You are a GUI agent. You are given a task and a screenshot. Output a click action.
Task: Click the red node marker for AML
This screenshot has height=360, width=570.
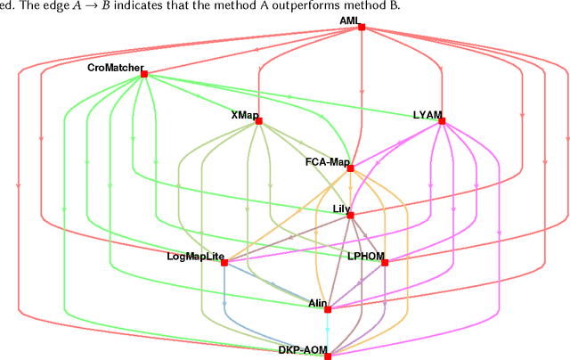tap(362, 28)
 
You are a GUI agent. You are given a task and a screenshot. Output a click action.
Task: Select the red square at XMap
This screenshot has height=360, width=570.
tap(258, 121)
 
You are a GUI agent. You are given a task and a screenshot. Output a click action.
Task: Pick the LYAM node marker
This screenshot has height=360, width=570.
tap(442, 122)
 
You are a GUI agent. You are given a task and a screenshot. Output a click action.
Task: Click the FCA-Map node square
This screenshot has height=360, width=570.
tap(350, 168)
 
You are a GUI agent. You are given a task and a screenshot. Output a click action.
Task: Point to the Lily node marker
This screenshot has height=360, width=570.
tap(350, 215)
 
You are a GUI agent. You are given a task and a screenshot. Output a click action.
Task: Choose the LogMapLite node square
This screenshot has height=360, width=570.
tap(224, 263)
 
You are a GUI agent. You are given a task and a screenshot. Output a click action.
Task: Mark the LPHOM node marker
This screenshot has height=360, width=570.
tap(385, 263)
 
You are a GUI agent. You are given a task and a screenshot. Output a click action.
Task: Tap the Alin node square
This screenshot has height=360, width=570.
tap(328, 309)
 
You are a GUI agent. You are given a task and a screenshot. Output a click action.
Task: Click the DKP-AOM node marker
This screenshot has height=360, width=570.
tap(328, 356)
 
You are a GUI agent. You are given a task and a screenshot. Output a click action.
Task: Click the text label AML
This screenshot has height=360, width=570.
tap(350, 20)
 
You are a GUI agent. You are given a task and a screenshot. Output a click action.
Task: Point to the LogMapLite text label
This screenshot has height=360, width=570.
tap(193, 257)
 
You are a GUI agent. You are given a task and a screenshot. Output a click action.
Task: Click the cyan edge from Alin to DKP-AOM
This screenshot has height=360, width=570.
tap(328, 333)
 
